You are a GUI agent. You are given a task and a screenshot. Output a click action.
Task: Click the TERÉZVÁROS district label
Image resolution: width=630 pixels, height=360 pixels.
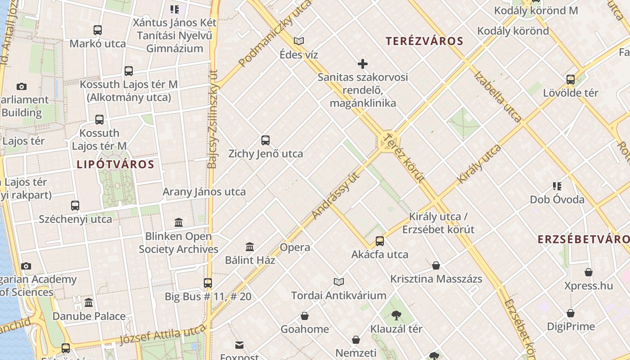pos(424,41)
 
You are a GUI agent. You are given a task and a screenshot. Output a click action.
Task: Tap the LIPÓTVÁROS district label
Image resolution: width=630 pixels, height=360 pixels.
pos(115,164)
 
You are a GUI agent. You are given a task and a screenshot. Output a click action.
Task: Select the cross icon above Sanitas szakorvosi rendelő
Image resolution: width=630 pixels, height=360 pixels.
pos(362,64)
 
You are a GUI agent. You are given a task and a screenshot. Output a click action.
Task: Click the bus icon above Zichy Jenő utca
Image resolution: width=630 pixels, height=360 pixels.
pos(265,140)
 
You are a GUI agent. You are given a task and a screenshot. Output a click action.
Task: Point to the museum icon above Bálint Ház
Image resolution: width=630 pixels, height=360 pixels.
pos(250,247)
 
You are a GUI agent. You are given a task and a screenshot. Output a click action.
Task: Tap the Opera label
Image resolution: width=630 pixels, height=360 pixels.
pos(295,247)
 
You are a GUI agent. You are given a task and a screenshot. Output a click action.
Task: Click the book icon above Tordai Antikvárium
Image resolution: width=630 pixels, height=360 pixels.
pos(339,282)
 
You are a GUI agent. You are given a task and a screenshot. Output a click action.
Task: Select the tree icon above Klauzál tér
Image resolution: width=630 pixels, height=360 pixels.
pos(396,315)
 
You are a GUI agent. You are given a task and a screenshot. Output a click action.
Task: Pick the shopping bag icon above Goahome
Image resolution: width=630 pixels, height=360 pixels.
pos(305,316)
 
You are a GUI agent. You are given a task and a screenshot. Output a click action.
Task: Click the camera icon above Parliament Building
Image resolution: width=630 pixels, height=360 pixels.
pos(21,86)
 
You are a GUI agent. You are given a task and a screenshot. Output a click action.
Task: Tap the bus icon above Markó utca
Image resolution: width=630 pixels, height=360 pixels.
pos(98,30)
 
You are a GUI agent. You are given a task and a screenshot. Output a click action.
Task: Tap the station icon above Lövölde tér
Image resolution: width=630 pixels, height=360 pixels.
pos(571,80)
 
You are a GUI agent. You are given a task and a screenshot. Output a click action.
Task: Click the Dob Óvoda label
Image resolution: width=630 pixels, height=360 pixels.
pos(557,199)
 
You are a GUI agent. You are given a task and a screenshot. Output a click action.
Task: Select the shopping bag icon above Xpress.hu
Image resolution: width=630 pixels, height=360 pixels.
pos(588,272)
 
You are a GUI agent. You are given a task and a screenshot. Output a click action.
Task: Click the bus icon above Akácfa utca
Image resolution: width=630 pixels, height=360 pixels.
pos(380,241)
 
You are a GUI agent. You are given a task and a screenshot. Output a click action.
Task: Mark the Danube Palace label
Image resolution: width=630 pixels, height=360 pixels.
pos(89,316)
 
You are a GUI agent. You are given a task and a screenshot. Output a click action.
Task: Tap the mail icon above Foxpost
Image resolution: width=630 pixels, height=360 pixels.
pos(239,345)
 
